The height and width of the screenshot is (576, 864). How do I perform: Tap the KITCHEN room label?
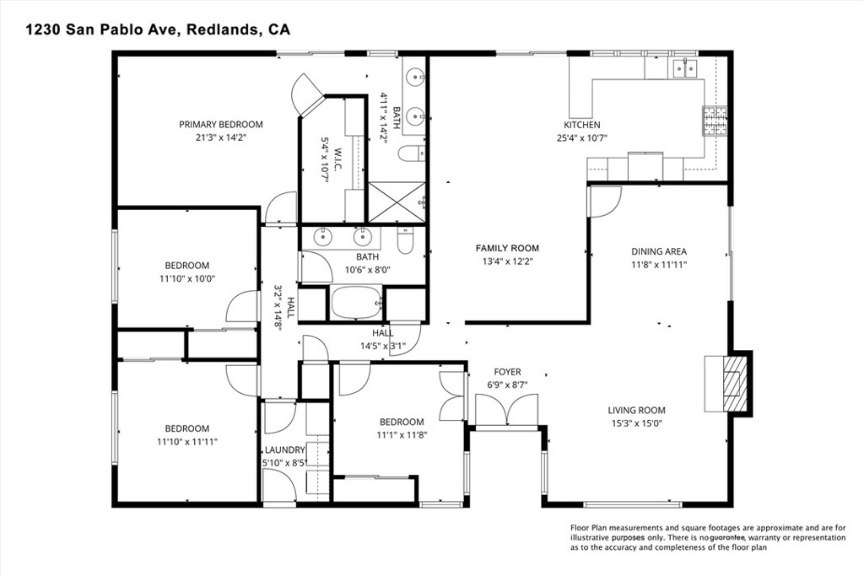582,125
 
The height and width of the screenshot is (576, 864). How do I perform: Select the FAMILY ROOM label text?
506,248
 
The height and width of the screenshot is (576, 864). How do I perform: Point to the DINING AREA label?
659,251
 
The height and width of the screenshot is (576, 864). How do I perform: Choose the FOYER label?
507,372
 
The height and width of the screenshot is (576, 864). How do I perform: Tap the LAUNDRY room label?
284,450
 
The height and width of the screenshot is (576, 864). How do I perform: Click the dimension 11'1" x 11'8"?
401,435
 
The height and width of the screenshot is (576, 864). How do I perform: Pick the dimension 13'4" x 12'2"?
506,261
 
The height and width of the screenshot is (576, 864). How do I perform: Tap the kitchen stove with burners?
715,122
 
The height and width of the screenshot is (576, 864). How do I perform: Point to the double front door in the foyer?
507,411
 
